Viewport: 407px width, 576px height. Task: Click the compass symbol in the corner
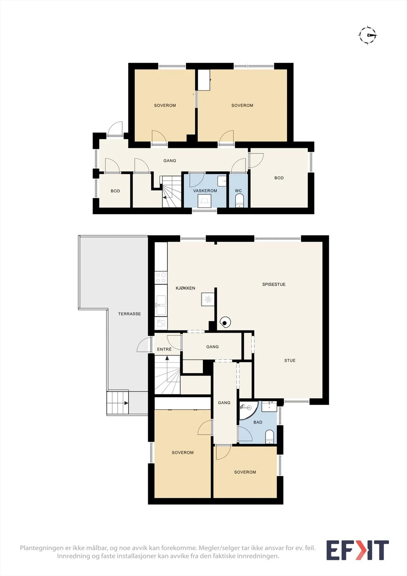click(x=368, y=35)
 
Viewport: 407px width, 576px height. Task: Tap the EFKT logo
click(x=358, y=550)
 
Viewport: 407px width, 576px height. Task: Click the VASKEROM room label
click(x=205, y=191)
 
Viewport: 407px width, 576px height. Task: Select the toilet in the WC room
click(x=239, y=201)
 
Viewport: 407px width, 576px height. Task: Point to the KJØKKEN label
click(x=185, y=288)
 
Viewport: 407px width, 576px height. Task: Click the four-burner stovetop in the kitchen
click(x=161, y=278)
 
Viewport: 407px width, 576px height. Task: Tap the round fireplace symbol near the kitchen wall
click(x=225, y=322)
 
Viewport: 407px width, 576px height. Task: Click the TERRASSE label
click(x=129, y=314)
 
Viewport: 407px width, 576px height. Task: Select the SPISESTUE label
click(x=274, y=284)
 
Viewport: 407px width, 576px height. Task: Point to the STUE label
click(x=290, y=360)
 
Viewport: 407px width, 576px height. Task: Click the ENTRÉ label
click(x=164, y=349)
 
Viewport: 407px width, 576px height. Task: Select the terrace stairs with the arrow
click(x=118, y=402)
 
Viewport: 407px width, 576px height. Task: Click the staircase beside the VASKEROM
click(x=172, y=192)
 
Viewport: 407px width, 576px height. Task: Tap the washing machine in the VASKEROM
click(x=204, y=201)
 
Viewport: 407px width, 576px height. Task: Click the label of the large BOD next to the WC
click(x=279, y=178)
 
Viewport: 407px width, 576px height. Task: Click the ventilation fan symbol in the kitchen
click(x=208, y=299)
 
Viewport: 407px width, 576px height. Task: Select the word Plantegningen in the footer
click(x=41, y=548)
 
